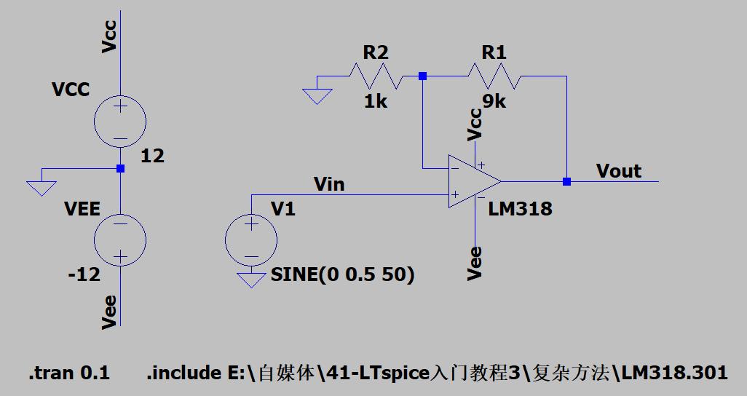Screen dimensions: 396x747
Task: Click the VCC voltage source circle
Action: (120, 121)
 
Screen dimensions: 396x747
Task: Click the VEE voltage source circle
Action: (120, 239)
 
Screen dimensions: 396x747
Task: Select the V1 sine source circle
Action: (251, 239)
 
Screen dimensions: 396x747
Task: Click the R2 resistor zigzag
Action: (376, 76)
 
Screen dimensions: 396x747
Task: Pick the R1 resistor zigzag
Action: (494, 76)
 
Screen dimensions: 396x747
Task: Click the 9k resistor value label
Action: (493, 100)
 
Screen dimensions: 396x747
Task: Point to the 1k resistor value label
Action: (376, 100)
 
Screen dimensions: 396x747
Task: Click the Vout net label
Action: (618, 171)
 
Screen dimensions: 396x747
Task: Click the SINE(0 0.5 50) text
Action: (341, 274)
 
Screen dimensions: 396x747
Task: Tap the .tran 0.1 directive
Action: (69, 373)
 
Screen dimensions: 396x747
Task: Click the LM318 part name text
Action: (520, 209)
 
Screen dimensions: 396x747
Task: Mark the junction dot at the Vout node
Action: (566, 181)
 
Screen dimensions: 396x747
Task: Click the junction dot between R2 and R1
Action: (422, 76)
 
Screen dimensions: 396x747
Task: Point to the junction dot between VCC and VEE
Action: (120, 168)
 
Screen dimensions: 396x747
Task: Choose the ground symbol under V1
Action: (251, 280)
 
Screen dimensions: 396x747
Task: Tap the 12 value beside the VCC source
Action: (154, 156)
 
